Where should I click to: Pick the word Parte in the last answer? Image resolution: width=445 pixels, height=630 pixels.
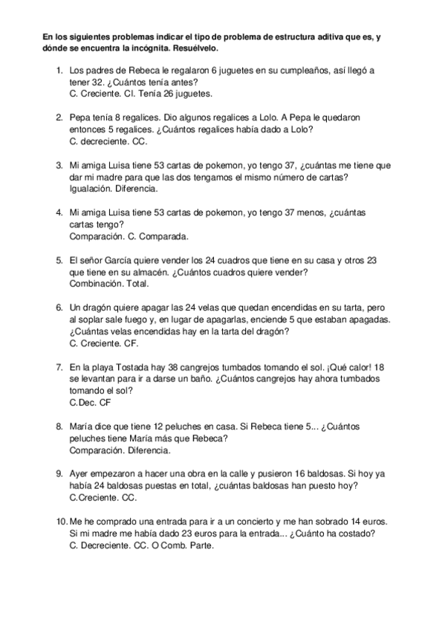tap(201, 545)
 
